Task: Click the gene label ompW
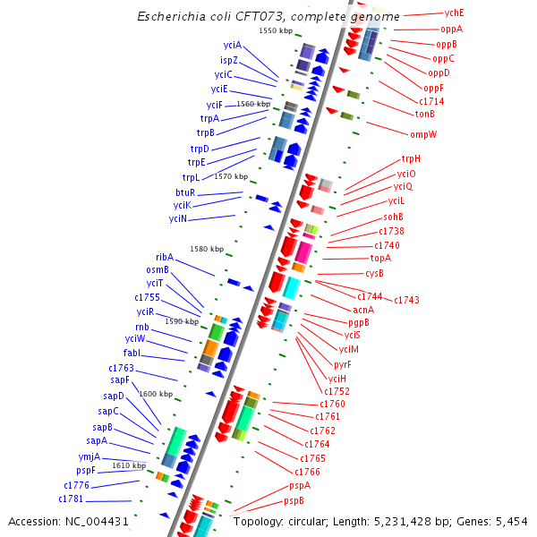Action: pyautogui.click(x=423, y=135)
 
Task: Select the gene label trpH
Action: pyautogui.click(x=411, y=159)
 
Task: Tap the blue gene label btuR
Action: pyautogui.click(x=185, y=192)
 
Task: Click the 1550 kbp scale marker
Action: pyautogui.click(x=276, y=31)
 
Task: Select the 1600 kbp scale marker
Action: pyautogui.click(x=156, y=394)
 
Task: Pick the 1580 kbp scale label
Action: pyautogui.click(x=207, y=249)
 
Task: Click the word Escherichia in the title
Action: pyautogui.click(x=171, y=17)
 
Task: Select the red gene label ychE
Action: pyautogui.click(x=455, y=14)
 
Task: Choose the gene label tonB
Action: pyautogui.click(x=424, y=114)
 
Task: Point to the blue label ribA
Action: pyautogui.click(x=165, y=257)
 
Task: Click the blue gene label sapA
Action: pyautogui.click(x=97, y=440)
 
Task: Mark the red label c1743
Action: pyautogui.click(x=406, y=300)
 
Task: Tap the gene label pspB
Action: pyautogui.click(x=294, y=500)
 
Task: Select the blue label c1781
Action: pyautogui.click(x=72, y=499)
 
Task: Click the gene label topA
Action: pyautogui.click(x=381, y=258)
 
